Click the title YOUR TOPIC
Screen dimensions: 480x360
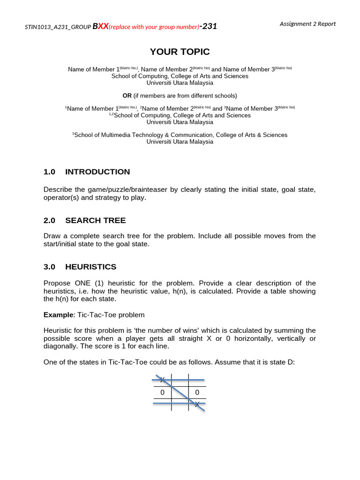pos(180,52)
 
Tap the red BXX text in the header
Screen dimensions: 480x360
pos(100,26)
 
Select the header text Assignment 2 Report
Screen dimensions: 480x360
pos(307,24)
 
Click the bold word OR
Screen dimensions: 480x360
pos(127,96)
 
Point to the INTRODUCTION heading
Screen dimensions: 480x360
pos(97,172)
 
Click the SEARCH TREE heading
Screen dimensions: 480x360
pos(96,220)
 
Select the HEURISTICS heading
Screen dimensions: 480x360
pos(91,267)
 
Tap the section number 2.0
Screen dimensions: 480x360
pos(50,220)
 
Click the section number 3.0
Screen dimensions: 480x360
pos(50,267)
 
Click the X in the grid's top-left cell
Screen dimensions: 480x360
pos(162,379)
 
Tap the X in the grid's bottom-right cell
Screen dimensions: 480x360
pos(197,404)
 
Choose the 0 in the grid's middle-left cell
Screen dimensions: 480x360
pos(162,392)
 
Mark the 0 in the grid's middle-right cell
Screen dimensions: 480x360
pos(197,392)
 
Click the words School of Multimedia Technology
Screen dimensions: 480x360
pos(124,135)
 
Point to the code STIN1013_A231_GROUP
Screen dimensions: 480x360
pos(58,27)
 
